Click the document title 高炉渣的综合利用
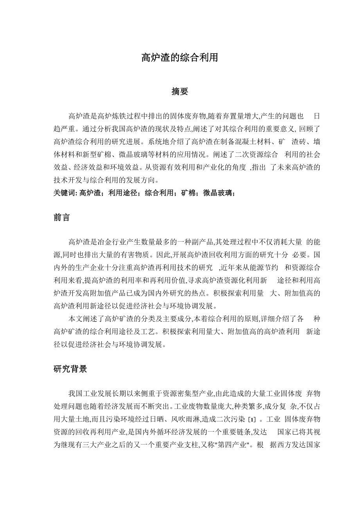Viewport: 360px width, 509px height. coord(180,58)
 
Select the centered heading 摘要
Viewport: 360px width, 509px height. coord(180,91)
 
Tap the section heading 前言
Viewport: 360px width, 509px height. coord(61,217)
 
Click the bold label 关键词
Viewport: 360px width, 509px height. coord(65,193)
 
